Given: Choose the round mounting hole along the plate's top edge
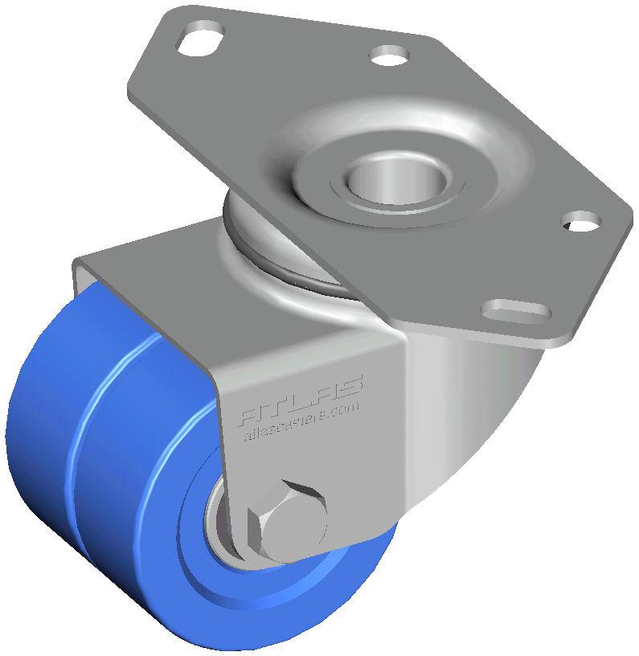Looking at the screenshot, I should click(x=389, y=56).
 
